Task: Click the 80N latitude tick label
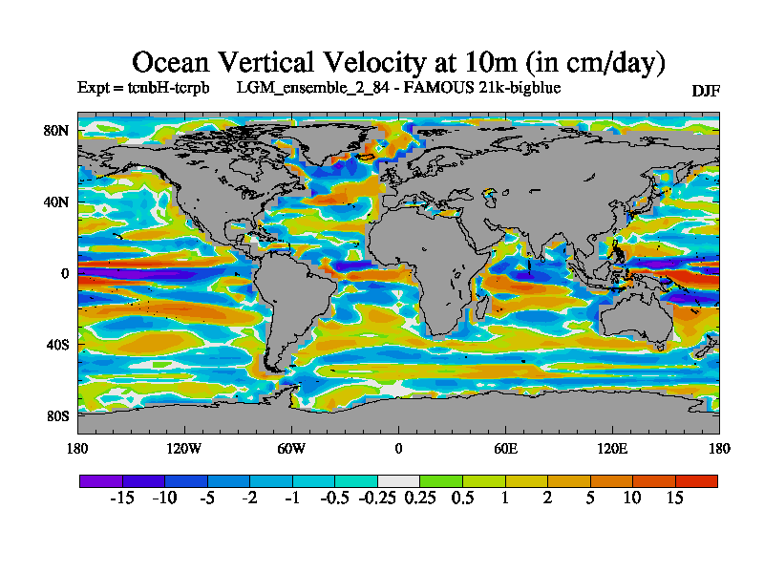[57, 130]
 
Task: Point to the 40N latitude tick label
[57, 202]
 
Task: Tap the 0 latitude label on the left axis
[65, 273]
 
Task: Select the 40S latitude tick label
[57, 344]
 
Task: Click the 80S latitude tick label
[57, 415]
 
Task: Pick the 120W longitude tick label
[183, 448]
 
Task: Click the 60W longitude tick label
[291, 448]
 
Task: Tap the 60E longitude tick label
[505, 448]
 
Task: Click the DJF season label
[706, 91]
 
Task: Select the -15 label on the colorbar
[121, 498]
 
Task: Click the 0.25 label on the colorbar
[420, 498]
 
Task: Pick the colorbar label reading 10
[632, 498]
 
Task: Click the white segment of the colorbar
[398, 480]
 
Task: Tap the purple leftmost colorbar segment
[100, 480]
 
